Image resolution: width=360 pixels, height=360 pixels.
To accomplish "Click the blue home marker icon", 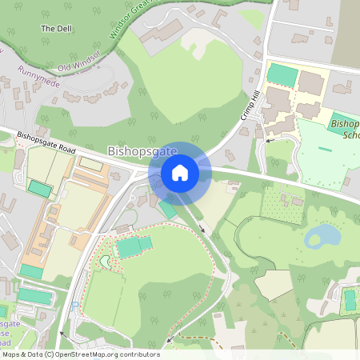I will click(x=180, y=172).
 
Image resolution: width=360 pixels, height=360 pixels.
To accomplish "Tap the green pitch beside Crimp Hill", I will click(x=282, y=74).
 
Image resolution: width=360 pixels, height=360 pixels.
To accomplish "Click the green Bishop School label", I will click(x=343, y=129).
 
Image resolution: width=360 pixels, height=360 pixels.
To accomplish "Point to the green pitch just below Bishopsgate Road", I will click(x=38, y=189).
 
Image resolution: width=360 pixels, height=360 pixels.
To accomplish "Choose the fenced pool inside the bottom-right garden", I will click(x=350, y=299).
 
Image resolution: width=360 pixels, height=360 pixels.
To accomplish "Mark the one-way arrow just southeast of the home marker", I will click(x=201, y=230).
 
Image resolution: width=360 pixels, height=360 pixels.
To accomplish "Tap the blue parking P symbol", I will click(x=76, y=305).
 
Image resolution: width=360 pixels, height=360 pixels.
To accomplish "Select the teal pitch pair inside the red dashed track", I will click(x=134, y=246).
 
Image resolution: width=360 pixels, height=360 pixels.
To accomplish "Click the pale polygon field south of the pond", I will click(x=274, y=284).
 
